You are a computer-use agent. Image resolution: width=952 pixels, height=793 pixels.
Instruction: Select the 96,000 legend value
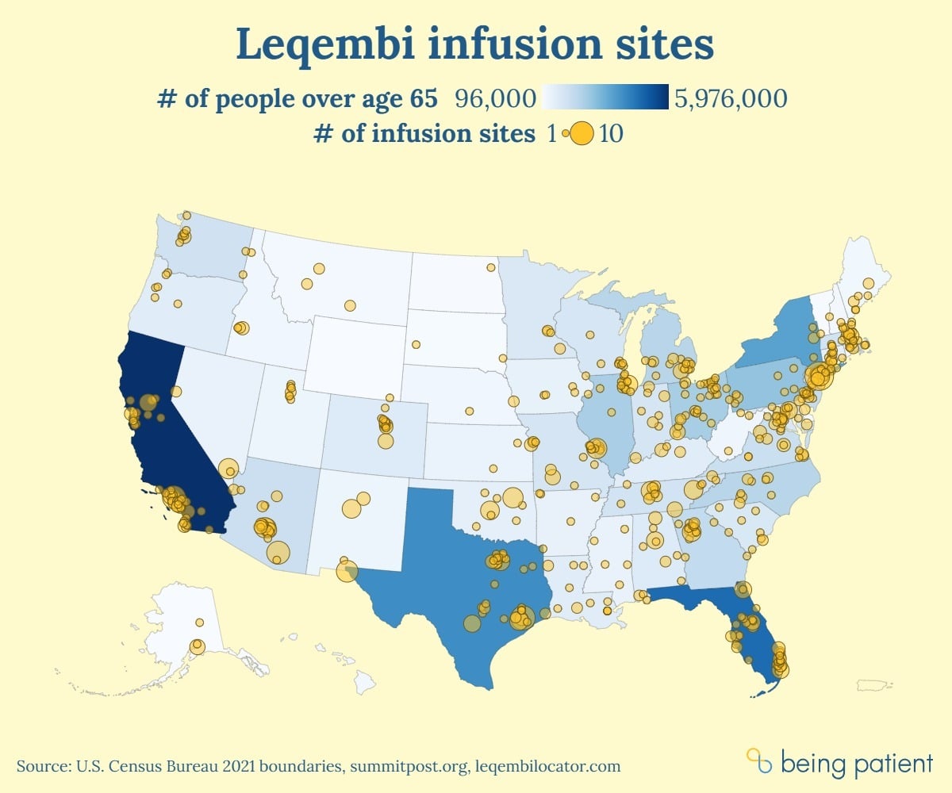pyautogui.click(x=496, y=98)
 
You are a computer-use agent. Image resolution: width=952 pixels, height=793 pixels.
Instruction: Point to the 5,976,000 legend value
pyautogui.click(x=730, y=98)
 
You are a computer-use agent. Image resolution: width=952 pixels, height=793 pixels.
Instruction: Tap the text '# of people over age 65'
pyautogui.click(x=298, y=98)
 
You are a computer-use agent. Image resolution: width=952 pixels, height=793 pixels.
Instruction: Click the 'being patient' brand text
pyautogui.click(x=857, y=764)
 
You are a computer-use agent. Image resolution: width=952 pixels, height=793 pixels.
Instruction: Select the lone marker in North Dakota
pyautogui.click(x=491, y=267)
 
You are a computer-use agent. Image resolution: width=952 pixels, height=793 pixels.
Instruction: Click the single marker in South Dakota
pyautogui.click(x=415, y=344)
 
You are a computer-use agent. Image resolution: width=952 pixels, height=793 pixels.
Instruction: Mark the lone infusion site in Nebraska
pyautogui.click(x=469, y=411)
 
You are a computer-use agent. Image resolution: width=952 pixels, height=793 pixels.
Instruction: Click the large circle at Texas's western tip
pyautogui.click(x=347, y=571)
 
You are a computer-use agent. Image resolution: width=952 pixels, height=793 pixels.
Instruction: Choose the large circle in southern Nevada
pyautogui.click(x=228, y=469)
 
